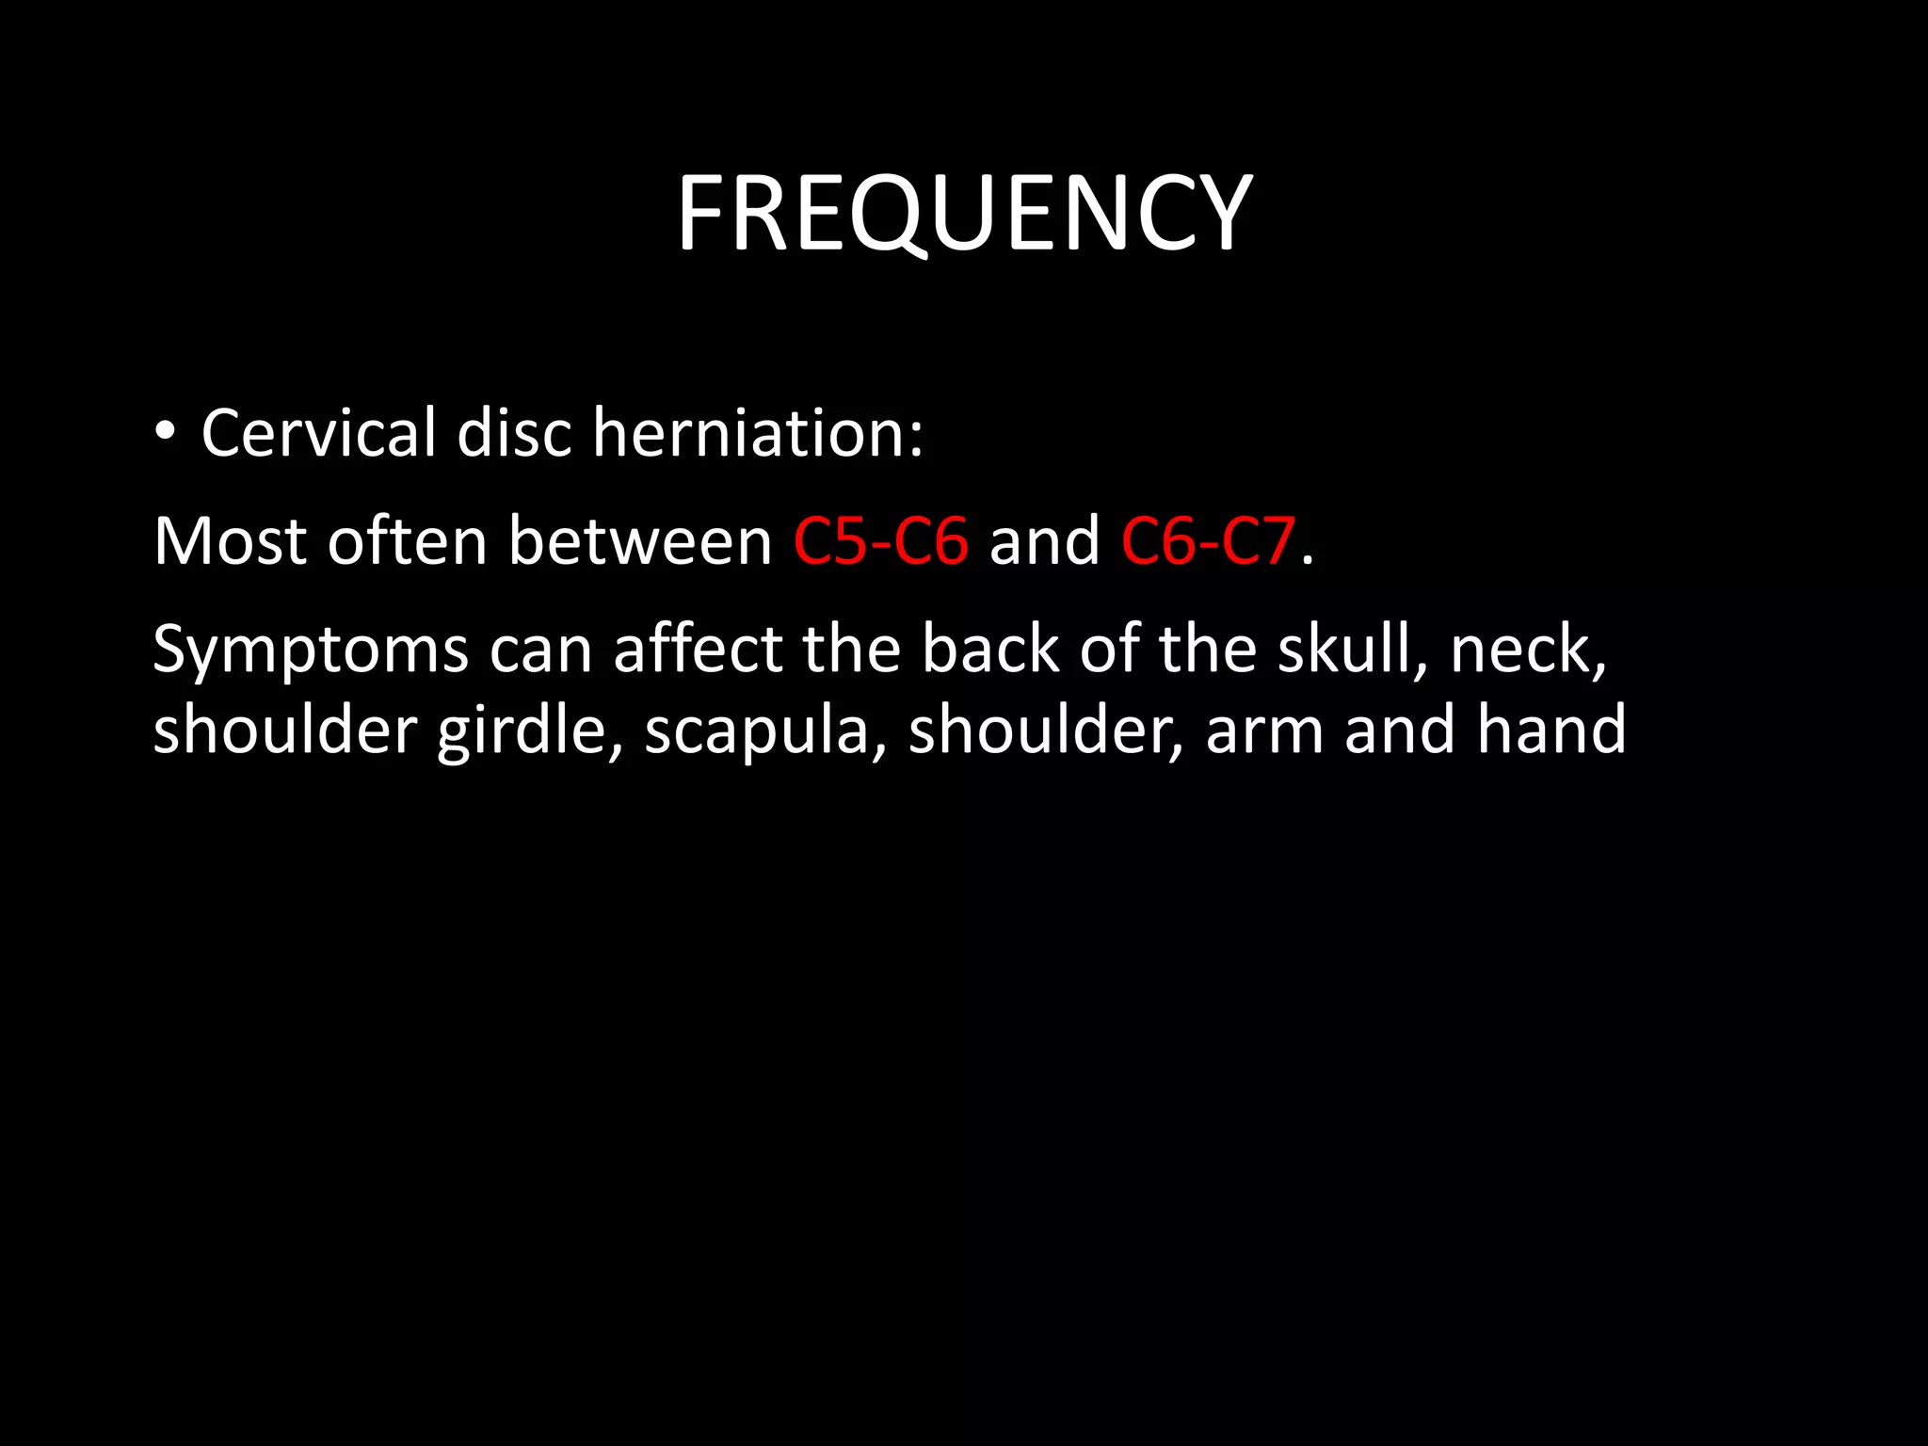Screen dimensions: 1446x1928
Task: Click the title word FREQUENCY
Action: tap(964, 214)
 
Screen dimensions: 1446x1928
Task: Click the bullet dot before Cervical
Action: tap(165, 432)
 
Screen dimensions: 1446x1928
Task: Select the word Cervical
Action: tap(318, 433)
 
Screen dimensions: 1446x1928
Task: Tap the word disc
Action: tap(514, 433)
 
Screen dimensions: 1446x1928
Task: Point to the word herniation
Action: tap(757, 433)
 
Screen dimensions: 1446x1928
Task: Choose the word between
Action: tap(640, 541)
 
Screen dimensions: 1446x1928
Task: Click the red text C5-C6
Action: tap(880, 541)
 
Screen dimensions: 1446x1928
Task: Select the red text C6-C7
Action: tap(1208, 541)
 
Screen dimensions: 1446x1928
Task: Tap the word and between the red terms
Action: tap(1044, 541)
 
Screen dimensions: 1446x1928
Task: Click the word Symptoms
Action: tap(311, 650)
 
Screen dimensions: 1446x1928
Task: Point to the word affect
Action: tap(698, 650)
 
